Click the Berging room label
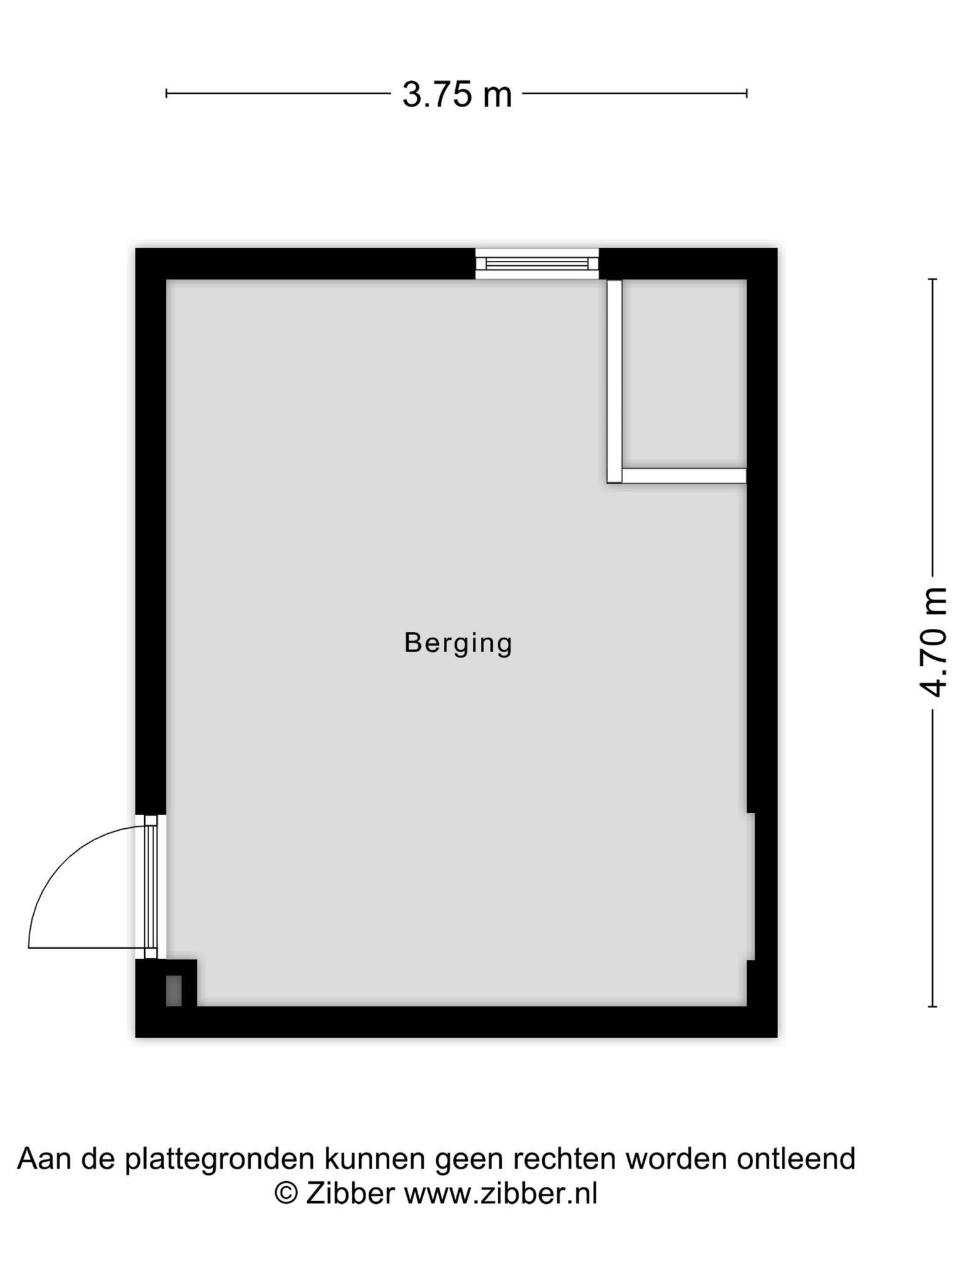458,644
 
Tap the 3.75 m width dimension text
457,95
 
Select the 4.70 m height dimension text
932,642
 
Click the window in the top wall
537,264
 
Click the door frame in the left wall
151,887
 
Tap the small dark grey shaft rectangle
174,991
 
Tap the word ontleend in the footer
796,1158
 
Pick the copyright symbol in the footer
286,1192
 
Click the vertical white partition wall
614,381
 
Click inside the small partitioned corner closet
684,374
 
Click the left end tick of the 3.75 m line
166,94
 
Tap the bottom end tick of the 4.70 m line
933,1007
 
